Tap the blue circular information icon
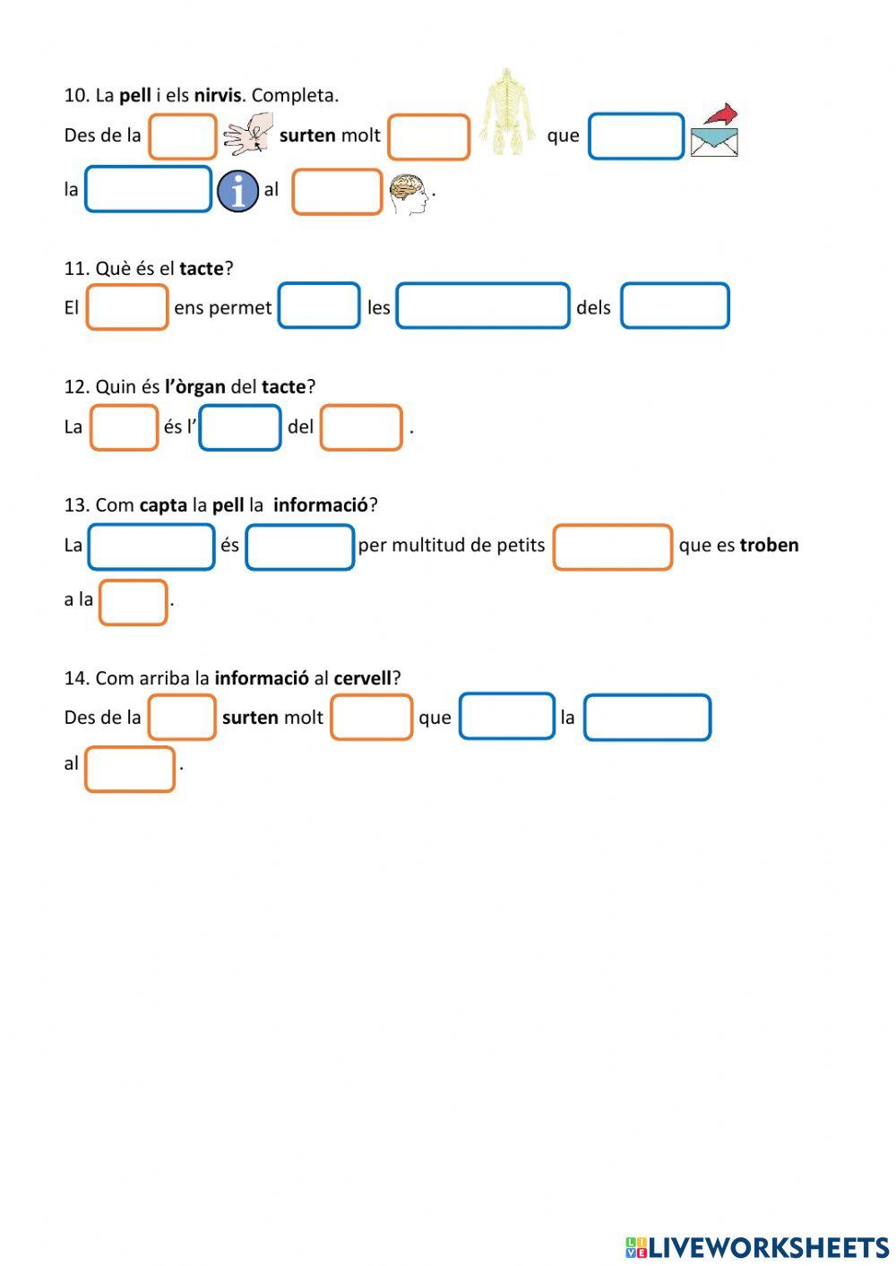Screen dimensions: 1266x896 [237, 191]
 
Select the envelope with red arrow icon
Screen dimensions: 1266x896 [715, 131]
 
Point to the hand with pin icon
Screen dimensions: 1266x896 [248, 133]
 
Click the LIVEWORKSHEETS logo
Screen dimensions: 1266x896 [756, 1247]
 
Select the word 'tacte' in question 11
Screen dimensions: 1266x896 [202, 268]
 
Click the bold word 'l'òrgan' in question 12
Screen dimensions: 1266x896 [194, 386]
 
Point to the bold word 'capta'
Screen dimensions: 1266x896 [163, 504]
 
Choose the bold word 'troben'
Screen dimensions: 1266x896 [769, 545]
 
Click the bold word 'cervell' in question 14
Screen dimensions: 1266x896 [363, 677]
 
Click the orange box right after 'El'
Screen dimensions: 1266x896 [127, 307]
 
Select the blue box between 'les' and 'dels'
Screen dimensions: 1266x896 [483, 306]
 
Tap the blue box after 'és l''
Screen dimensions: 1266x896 [240, 427]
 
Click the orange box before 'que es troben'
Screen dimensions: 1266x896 [613, 547]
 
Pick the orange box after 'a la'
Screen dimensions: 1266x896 [134, 602]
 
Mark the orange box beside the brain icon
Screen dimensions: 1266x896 [337, 193]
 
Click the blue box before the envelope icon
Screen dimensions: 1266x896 [636, 136]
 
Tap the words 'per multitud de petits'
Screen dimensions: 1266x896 [452, 545]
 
